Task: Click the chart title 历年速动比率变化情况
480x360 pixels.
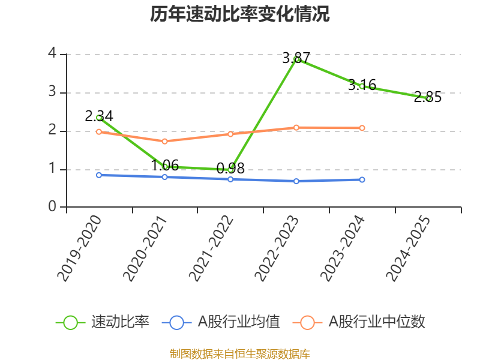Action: click(x=240, y=14)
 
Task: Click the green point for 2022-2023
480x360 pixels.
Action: click(x=296, y=59)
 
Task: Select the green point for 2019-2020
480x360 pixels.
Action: click(x=99, y=118)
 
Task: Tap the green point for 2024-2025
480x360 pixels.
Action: click(x=428, y=98)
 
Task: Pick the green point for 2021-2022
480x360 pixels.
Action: click(x=230, y=169)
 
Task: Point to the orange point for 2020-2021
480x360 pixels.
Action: click(x=164, y=141)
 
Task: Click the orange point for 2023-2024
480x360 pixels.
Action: click(x=362, y=128)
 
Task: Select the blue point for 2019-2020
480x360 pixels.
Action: click(x=99, y=175)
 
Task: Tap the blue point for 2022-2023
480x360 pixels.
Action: click(x=296, y=181)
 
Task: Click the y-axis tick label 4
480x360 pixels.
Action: click(x=53, y=54)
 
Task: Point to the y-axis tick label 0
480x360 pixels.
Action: click(x=53, y=208)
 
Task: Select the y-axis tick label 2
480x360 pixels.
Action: click(x=53, y=131)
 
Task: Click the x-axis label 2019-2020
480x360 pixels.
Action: click(x=80, y=248)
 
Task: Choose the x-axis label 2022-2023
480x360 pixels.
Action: click(x=277, y=248)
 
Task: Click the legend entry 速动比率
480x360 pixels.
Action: click(x=120, y=322)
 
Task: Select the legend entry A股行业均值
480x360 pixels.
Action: click(x=239, y=322)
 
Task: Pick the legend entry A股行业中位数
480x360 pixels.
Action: click(x=376, y=322)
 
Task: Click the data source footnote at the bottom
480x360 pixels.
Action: click(x=240, y=353)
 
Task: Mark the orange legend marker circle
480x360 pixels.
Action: click(x=308, y=322)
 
